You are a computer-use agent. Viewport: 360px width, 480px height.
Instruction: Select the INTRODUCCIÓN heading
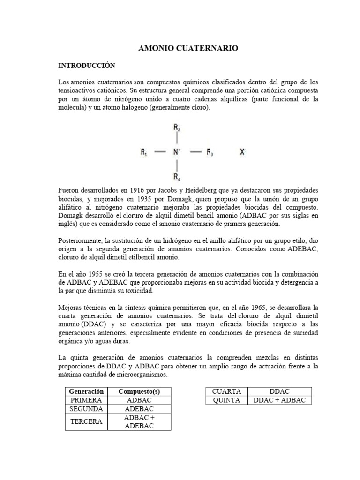tap(86, 65)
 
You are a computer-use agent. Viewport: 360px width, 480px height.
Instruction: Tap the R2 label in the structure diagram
tap(177, 127)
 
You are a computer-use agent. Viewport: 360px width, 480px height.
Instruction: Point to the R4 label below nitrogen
tap(177, 177)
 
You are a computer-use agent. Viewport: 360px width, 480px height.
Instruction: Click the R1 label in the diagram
tap(144, 152)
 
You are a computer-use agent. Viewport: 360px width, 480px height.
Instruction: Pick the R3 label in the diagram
tap(210, 152)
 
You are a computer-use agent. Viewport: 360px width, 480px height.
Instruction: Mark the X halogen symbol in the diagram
tap(242, 152)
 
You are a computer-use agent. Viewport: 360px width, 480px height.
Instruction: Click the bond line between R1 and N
tap(160, 152)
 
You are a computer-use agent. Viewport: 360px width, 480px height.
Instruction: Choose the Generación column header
tap(86, 391)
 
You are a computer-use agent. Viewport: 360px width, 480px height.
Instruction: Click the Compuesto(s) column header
tap(139, 391)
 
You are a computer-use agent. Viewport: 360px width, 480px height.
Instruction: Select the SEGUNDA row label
tap(86, 409)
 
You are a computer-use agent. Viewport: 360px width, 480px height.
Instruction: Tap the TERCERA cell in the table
tap(86, 421)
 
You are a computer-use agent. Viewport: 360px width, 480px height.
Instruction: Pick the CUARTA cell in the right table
tap(226, 391)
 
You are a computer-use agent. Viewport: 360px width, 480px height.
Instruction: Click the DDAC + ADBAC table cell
tap(279, 400)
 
